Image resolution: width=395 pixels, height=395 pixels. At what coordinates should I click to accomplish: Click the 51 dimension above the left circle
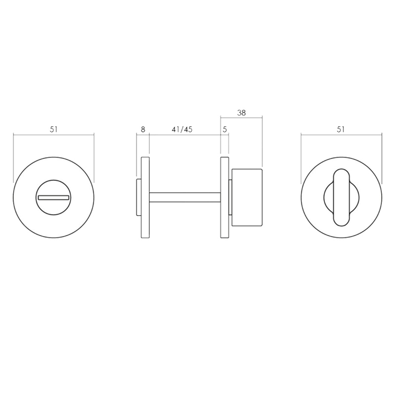54,129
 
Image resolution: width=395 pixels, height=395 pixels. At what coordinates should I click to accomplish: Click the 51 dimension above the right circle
340,129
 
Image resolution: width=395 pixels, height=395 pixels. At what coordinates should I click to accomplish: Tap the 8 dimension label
143,129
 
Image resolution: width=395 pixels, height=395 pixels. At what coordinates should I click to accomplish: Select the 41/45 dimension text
182,129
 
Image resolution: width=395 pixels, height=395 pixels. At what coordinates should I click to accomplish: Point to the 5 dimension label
225,129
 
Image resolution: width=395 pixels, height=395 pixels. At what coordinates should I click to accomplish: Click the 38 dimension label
241,112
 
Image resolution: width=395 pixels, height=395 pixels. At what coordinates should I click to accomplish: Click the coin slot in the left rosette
54,197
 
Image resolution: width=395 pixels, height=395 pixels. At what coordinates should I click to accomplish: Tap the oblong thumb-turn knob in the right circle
341,197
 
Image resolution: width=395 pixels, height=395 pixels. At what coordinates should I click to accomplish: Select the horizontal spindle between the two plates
185,197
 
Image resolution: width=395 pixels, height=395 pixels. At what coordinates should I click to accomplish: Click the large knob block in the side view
247,197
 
